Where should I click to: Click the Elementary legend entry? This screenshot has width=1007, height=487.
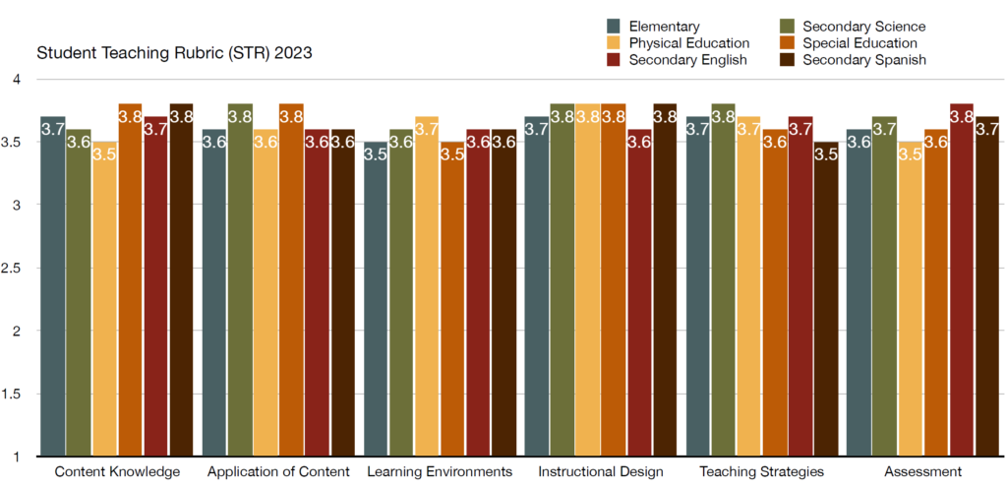(x=665, y=27)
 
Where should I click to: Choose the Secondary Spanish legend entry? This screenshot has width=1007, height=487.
(x=864, y=60)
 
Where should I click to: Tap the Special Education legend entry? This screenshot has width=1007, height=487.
(x=860, y=43)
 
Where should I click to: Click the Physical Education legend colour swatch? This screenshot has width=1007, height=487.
(x=615, y=43)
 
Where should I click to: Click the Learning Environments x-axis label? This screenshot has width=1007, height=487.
(x=440, y=472)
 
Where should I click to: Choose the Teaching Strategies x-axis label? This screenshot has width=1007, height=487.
(x=761, y=472)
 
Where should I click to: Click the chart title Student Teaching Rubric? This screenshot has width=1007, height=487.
(x=174, y=52)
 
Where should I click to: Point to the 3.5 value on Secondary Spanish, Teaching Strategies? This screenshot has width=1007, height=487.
(x=826, y=153)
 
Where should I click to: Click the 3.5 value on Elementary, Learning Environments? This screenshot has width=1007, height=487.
(x=376, y=153)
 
